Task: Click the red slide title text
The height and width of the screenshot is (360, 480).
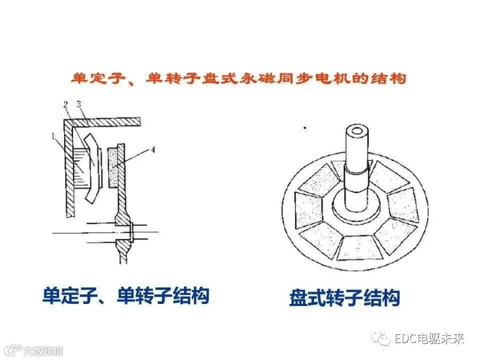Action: click(238, 78)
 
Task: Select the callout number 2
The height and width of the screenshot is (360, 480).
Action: click(66, 105)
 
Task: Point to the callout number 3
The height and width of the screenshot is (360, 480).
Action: click(79, 104)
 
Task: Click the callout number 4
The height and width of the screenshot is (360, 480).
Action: click(153, 150)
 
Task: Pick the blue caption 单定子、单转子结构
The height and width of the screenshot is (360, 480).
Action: click(125, 295)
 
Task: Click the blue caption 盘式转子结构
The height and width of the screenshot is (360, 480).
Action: click(345, 298)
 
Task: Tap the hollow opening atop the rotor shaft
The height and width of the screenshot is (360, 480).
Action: click(357, 131)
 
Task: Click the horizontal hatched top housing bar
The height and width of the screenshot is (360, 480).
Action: click(102, 122)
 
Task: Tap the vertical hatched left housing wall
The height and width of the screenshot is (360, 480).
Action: click(69, 169)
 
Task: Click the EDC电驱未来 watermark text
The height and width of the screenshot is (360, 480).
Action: click(429, 339)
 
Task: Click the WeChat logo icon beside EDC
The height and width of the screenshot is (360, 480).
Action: click(381, 339)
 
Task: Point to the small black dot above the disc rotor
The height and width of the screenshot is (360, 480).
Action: click(305, 127)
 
